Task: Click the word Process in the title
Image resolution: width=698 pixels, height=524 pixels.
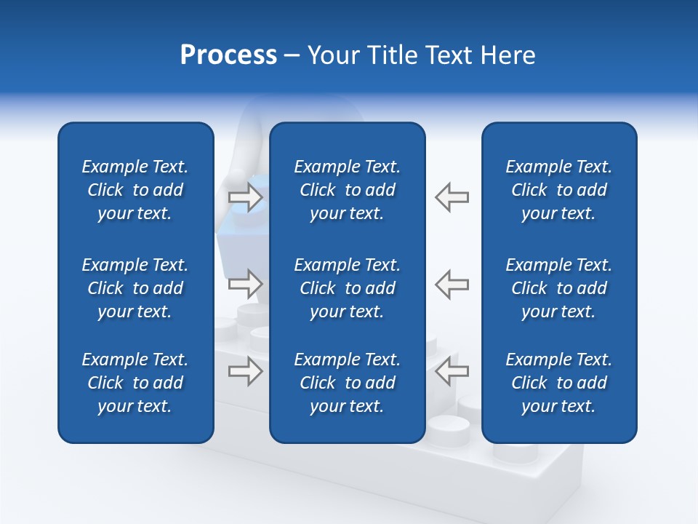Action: point(228,55)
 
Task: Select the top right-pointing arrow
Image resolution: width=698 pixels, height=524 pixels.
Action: point(246,197)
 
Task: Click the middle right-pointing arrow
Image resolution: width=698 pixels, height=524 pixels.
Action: point(246,284)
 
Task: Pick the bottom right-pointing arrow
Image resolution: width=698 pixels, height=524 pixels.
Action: point(246,371)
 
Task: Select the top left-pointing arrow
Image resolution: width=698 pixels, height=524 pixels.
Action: point(452,197)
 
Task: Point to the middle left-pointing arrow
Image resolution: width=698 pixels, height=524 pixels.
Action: point(452,284)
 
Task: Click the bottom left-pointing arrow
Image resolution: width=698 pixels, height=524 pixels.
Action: point(452,371)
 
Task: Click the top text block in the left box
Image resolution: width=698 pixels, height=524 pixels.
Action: point(135,190)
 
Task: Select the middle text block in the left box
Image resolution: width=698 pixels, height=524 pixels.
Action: point(135,288)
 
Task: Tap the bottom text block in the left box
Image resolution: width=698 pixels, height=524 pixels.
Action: point(135,383)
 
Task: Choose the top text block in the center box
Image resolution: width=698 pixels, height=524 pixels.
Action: point(347,190)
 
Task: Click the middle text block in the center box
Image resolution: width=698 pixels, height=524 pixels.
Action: point(347,288)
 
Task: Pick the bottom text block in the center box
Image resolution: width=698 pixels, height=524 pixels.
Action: point(347,383)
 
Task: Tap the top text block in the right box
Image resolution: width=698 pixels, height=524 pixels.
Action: point(558,190)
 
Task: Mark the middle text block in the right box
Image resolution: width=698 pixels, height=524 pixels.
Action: point(558,288)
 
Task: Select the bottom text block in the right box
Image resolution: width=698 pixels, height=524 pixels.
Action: point(558,383)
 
